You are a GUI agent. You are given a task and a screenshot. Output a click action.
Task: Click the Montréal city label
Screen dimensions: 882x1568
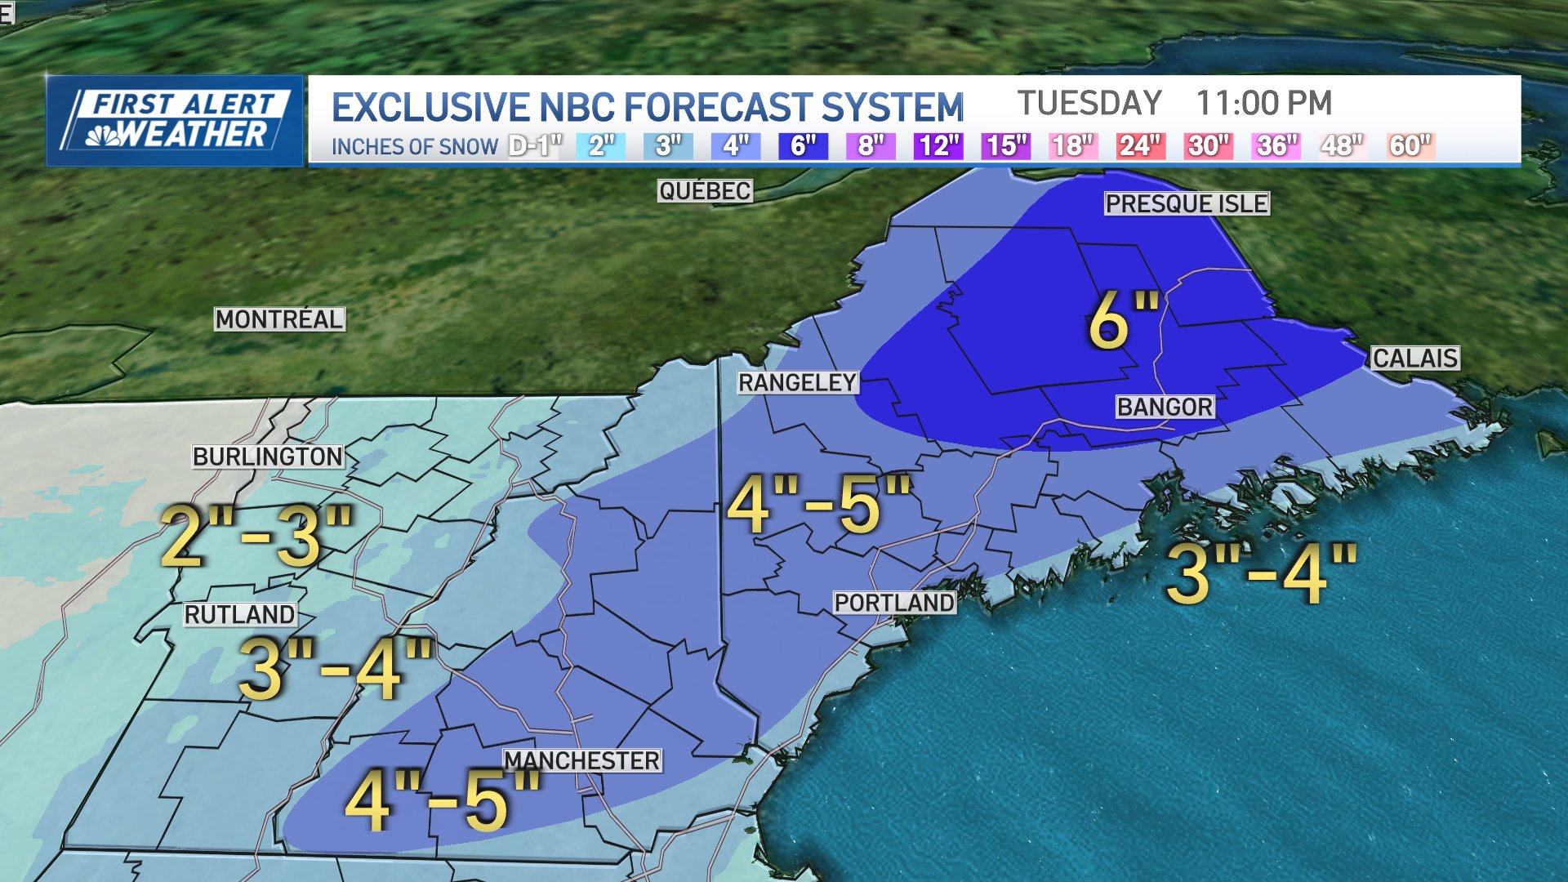279,319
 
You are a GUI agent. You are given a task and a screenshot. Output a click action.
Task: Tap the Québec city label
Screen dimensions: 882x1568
705,191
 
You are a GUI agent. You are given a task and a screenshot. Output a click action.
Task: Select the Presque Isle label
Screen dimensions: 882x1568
1187,203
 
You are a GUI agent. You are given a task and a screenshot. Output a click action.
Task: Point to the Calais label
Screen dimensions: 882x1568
1414,359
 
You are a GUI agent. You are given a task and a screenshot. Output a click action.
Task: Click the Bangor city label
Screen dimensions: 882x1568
1165,407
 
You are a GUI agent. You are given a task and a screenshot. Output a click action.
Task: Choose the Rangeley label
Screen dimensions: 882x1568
797,382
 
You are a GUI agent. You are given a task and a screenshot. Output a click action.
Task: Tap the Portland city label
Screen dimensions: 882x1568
894,603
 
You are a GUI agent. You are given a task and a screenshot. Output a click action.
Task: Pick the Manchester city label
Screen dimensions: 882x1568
581,761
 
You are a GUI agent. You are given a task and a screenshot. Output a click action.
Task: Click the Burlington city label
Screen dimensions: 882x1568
268,457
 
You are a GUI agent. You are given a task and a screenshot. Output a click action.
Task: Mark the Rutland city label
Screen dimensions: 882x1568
239,615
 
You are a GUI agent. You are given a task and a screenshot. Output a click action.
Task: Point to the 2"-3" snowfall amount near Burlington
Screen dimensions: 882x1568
256,537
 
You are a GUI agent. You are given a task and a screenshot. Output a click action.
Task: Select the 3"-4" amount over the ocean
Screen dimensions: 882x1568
1261,574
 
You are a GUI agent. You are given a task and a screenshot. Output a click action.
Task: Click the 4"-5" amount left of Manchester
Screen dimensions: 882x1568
442,801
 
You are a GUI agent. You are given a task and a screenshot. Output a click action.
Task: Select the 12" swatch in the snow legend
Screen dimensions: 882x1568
938,146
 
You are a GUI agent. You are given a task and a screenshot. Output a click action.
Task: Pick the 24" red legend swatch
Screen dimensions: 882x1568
1139,146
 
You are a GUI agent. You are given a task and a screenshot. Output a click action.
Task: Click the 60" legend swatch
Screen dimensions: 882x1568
1410,146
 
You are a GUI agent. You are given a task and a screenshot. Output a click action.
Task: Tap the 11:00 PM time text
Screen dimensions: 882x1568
1263,104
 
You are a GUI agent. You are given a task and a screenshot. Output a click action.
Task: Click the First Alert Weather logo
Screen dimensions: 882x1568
175,121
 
